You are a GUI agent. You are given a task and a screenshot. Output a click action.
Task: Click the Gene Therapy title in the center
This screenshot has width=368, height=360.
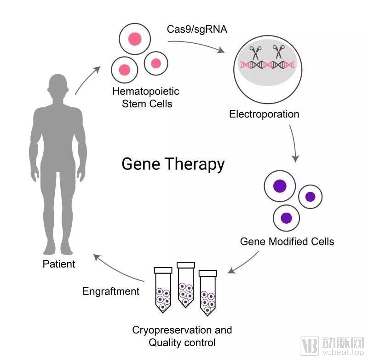(173, 164)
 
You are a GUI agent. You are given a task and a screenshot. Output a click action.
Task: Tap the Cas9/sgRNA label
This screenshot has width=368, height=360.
(197, 29)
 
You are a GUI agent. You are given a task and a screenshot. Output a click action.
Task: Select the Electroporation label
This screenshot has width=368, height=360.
(264, 114)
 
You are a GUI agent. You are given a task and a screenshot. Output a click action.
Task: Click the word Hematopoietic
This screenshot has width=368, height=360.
(146, 91)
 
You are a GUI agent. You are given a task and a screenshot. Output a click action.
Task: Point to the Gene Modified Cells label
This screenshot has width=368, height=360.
(287, 241)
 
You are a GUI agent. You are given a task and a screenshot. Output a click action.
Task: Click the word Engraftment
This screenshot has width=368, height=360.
(111, 292)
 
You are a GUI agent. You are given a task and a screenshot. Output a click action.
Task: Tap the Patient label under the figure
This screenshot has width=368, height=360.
(59, 264)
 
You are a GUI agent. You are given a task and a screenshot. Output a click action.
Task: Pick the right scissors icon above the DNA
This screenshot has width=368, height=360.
(279, 52)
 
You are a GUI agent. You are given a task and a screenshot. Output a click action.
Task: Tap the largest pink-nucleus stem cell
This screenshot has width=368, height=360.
(135, 39)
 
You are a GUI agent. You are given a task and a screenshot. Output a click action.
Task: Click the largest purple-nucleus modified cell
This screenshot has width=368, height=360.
(280, 186)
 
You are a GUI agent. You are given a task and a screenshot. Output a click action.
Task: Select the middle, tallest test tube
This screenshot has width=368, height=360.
(186, 285)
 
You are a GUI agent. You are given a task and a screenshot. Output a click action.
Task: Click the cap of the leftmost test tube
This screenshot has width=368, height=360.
(163, 270)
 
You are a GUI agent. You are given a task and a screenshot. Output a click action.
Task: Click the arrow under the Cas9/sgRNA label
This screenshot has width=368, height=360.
(196, 45)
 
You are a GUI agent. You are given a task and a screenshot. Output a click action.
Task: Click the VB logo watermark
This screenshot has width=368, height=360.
(309, 346)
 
